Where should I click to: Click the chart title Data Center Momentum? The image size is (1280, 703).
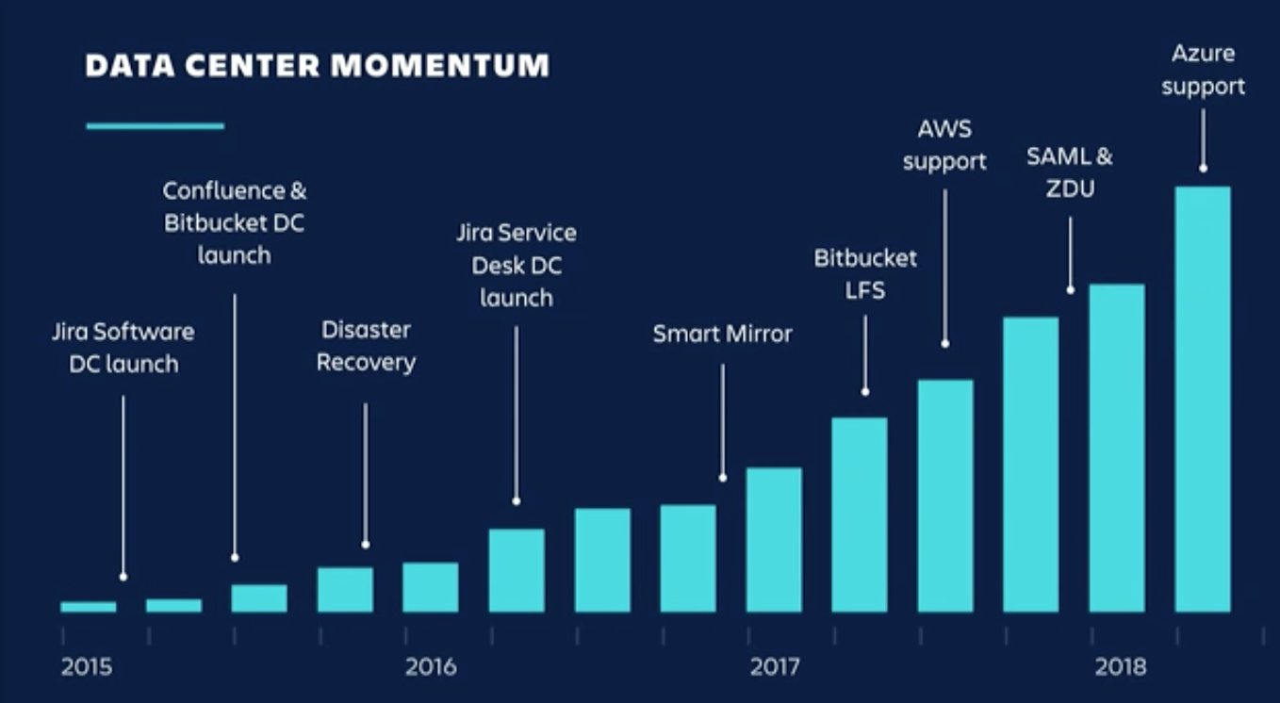pyautogui.click(x=317, y=66)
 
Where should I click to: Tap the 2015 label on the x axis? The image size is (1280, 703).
pyautogui.click(x=87, y=667)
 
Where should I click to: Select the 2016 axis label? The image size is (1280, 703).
pyautogui.click(x=431, y=667)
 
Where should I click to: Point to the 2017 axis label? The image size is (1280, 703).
pyautogui.click(x=775, y=667)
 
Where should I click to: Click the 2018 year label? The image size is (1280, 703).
pyautogui.click(x=1120, y=667)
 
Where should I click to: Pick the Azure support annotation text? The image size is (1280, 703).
pyautogui.click(x=1203, y=71)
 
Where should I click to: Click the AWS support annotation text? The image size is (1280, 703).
pyautogui.click(x=944, y=145)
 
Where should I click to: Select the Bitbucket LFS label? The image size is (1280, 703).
pyautogui.click(x=865, y=274)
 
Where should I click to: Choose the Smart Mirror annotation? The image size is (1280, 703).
pyautogui.click(x=723, y=334)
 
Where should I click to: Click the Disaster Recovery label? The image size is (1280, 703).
pyautogui.click(x=366, y=346)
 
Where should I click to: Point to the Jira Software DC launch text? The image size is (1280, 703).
pyautogui.click(x=123, y=348)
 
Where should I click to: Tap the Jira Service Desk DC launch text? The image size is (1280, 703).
pyautogui.click(x=516, y=265)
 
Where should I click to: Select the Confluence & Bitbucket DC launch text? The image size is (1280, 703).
pyautogui.click(x=235, y=222)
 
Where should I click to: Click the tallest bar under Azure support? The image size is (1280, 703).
pyautogui.click(x=1203, y=400)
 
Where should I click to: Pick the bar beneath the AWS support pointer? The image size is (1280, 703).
pyautogui.click(x=945, y=496)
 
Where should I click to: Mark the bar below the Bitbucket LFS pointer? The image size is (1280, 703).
pyautogui.click(x=859, y=515)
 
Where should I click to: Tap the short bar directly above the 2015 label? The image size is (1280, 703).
pyautogui.click(x=89, y=607)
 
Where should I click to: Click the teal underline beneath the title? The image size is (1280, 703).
pyautogui.click(x=156, y=125)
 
